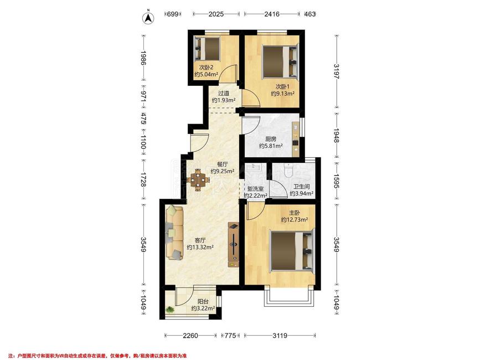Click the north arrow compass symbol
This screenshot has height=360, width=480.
pyautogui.click(x=148, y=18)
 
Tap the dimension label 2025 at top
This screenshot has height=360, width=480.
pyautogui.click(x=216, y=14)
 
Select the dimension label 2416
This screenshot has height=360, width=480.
pyautogui.click(x=271, y=14)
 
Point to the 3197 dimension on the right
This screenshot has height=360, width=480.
pyautogui.click(x=337, y=71)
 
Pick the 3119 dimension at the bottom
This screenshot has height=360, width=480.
pyautogui.click(x=280, y=336)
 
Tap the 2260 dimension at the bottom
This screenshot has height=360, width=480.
pyautogui.click(x=190, y=336)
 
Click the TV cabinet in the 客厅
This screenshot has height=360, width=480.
pyautogui.click(x=233, y=245)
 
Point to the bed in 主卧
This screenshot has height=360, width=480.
pyautogui.click(x=292, y=251)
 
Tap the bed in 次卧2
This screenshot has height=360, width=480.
pyautogui.click(x=207, y=48)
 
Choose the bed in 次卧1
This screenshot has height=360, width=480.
pyautogui.click(x=281, y=61)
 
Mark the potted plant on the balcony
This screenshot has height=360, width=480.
pyautogui.click(x=169, y=310)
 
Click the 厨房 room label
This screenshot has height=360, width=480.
pyautogui.click(x=271, y=139)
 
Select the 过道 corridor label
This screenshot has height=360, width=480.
pyautogui.click(x=224, y=93)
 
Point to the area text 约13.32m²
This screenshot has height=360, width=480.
pyautogui.click(x=200, y=247)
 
